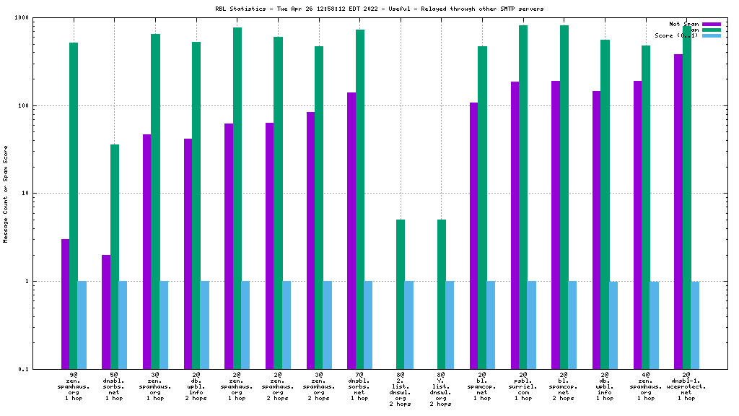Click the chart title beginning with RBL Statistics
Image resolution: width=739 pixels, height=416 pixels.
[369, 9]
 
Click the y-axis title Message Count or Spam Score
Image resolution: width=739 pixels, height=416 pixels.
[6, 193]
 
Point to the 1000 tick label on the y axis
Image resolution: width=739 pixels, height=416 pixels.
[40, 17]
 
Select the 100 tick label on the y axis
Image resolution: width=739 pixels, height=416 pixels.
[43, 105]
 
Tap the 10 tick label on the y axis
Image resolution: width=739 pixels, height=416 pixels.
[45, 194]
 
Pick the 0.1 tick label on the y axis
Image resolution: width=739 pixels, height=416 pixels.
[43, 369]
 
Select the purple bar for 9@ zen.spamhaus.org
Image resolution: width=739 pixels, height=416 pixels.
[65, 303]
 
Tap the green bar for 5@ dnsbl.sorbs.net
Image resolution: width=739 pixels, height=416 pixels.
[115, 256]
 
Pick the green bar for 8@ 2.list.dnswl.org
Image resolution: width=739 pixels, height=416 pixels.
[401, 294]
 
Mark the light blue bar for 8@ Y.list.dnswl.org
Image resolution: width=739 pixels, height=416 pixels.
[450, 325]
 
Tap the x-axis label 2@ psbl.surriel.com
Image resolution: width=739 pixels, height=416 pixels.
[522, 387]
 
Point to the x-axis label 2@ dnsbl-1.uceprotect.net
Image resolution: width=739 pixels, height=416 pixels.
[686, 387]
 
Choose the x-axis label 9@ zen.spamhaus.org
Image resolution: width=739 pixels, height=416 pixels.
[73, 387]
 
